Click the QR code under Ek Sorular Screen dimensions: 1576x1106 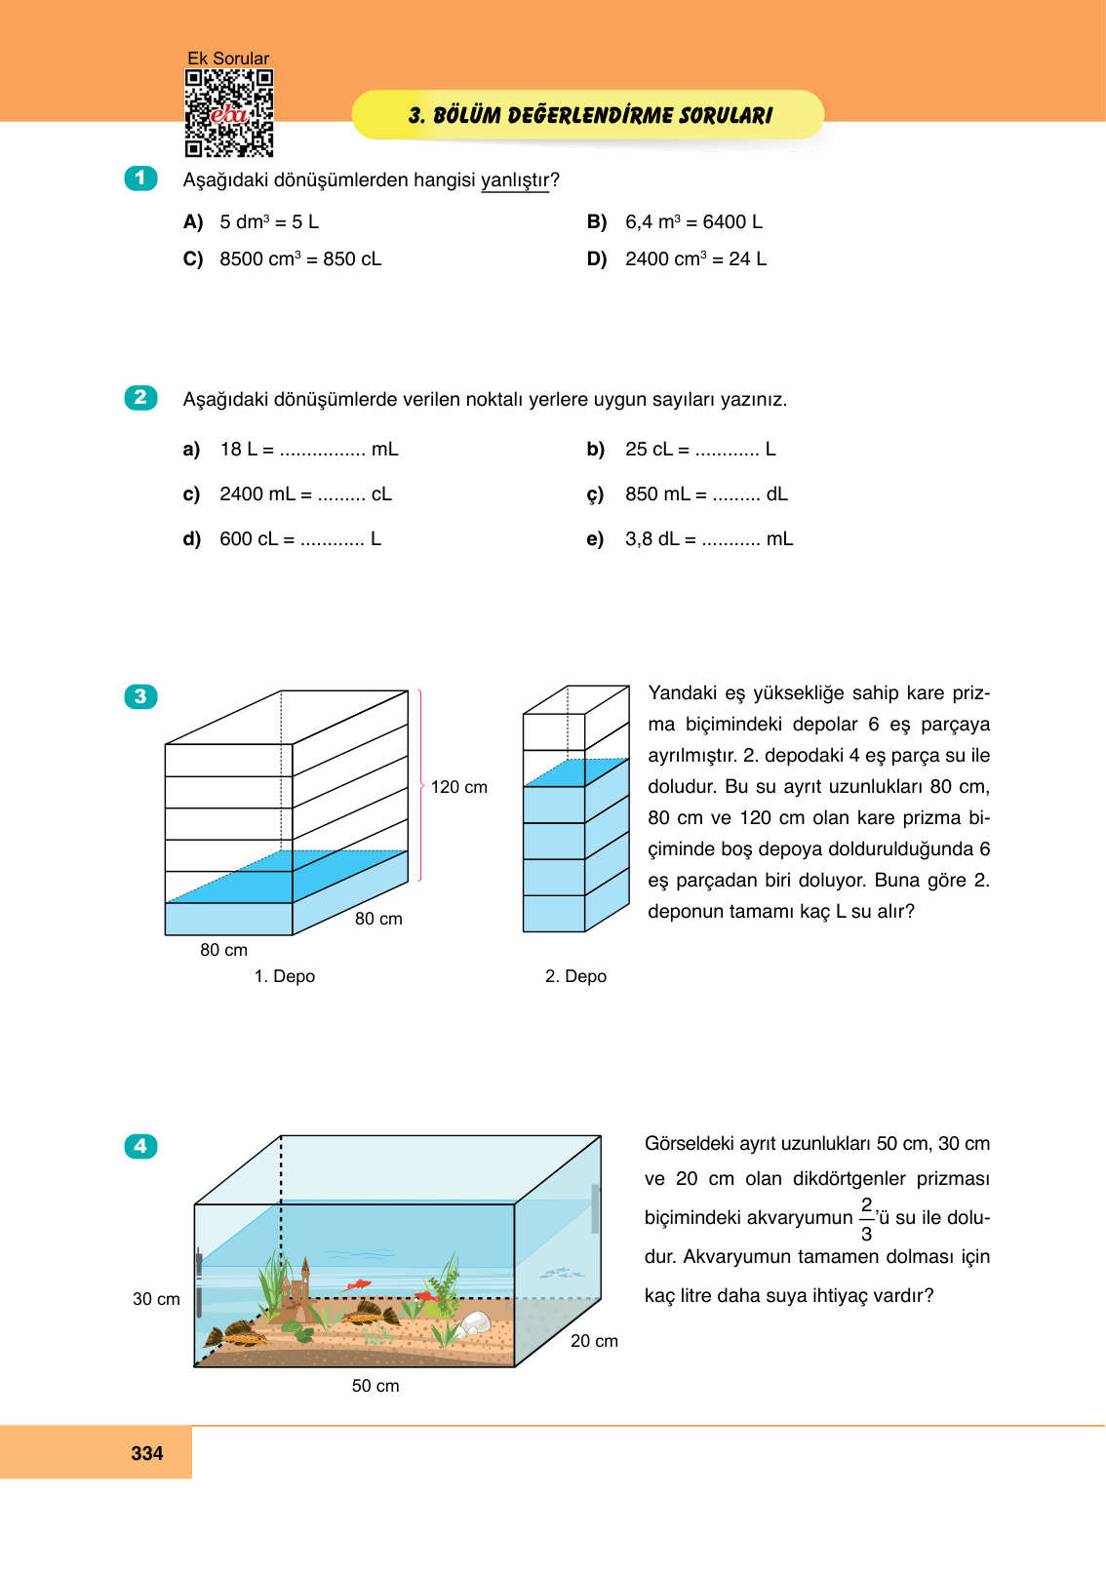coord(229,113)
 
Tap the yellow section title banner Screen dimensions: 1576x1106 coord(588,115)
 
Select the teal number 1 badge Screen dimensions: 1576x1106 coord(140,178)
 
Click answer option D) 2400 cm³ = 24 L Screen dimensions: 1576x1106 coord(677,259)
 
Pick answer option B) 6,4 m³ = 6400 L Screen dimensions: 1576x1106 coord(675,222)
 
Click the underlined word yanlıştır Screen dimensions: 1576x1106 coord(515,180)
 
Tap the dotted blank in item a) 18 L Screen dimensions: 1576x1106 coord(322,451)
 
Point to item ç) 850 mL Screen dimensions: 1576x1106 coord(688,494)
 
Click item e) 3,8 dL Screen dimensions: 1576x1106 coord(691,539)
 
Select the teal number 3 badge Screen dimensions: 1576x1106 coord(140,696)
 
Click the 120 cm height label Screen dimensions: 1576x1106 coord(458,787)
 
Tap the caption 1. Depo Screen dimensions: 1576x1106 coord(285,976)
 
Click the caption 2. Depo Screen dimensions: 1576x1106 coord(575,976)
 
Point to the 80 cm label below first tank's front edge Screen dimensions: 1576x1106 coord(223,950)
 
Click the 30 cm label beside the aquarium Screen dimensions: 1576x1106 coord(156,1299)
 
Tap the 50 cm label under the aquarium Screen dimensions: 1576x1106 coord(375,1386)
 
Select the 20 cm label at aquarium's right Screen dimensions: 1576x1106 coord(594,1341)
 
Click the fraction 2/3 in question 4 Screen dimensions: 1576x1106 coord(866,1219)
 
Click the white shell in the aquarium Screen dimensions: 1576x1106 coord(475,1323)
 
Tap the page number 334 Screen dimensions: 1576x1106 coord(147,1453)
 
